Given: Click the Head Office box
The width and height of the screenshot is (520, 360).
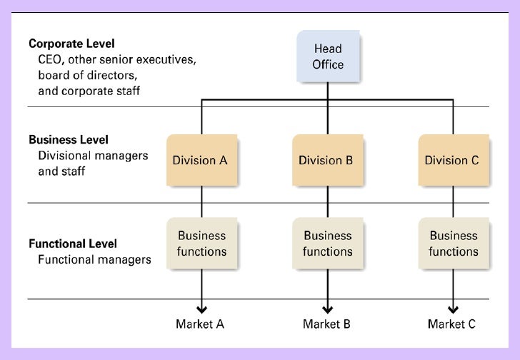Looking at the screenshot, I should pos(328,56).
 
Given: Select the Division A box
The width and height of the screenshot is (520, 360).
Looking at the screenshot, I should pos(200,160).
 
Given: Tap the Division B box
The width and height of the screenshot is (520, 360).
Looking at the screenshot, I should pos(326,160).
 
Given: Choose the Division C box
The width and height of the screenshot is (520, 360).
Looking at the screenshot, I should pos(452,160).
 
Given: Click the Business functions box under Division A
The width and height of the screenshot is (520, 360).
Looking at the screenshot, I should pos(201,243).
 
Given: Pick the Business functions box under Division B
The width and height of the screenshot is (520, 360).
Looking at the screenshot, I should pos(327,243).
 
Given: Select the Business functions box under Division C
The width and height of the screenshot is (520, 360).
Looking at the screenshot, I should pos(453,243).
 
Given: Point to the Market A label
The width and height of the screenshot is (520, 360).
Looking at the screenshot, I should pos(200,324).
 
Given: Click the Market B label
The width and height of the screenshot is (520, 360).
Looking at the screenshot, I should pos(326,324).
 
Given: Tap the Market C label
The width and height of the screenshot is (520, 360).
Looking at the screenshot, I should pos(451,324).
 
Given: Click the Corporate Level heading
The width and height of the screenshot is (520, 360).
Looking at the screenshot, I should pos(71,44).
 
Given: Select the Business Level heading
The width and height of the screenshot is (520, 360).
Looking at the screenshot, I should pos(69,139).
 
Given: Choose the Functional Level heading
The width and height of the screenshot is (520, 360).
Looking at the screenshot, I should pos(73,244).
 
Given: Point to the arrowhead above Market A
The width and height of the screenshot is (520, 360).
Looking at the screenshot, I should pos(201,309).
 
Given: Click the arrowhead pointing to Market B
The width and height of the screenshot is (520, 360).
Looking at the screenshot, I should pos(327,309).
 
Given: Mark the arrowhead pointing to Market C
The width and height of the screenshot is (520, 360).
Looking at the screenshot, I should pos(453,309).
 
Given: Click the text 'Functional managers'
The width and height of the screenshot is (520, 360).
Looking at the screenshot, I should pos(94,259).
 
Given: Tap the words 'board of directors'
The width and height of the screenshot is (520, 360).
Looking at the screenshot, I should pos(86,75).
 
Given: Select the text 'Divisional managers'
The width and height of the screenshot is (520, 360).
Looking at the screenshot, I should pos(93,156).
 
